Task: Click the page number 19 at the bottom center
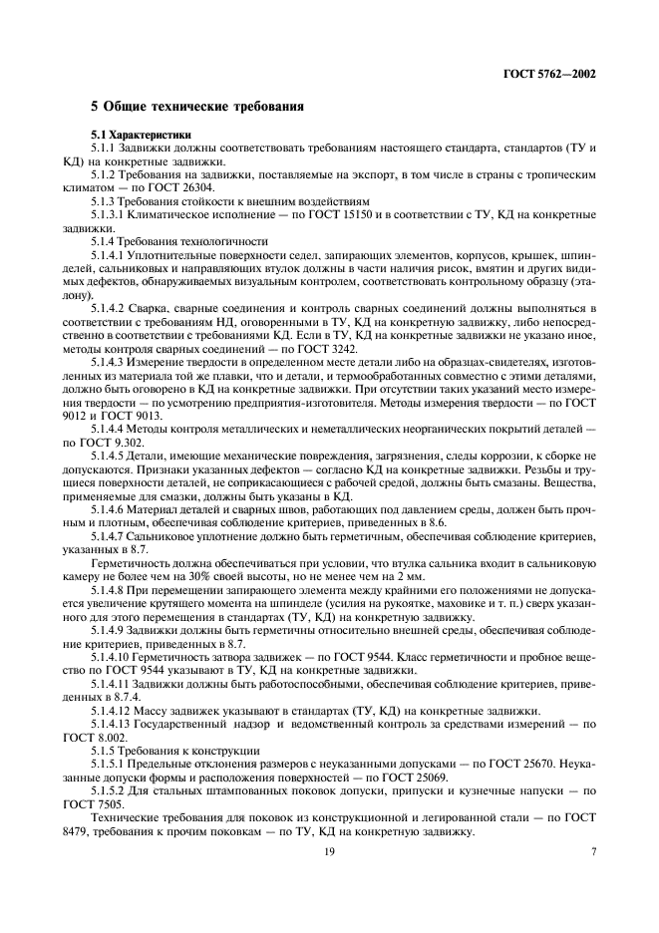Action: click(x=328, y=850)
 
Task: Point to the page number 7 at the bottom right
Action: click(x=593, y=850)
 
